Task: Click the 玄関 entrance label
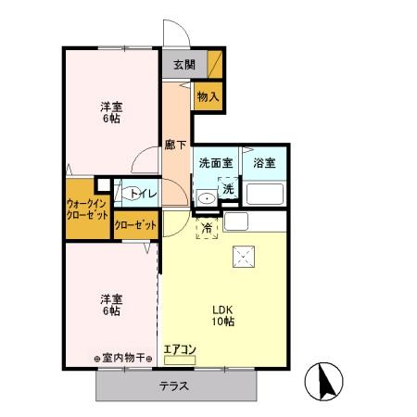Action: (x=183, y=65)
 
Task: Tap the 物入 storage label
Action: (x=208, y=95)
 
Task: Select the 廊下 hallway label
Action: (x=175, y=145)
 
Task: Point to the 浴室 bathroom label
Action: (x=264, y=163)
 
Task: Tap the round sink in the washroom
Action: (x=207, y=198)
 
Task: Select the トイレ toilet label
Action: (x=142, y=194)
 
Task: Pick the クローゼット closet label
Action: (x=134, y=224)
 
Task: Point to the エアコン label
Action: (x=180, y=349)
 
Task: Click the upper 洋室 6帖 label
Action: (x=111, y=112)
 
